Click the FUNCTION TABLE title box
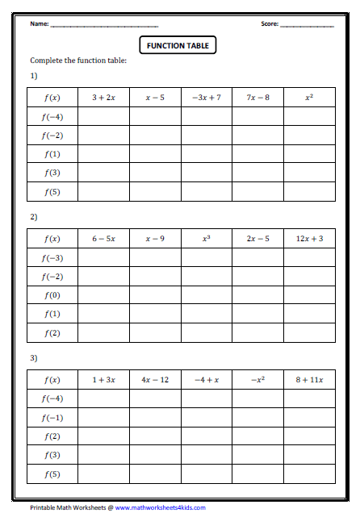point(178,46)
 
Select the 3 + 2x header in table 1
point(103,98)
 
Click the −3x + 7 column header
point(206,98)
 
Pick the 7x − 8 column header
point(257,98)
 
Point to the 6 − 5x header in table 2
point(103,239)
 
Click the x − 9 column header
point(155,239)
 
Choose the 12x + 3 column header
point(309,239)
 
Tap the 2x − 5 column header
point(257,239)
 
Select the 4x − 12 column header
point(155,379)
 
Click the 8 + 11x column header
point(309,379)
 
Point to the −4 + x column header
point(206,379)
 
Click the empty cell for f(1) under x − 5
point(155,154)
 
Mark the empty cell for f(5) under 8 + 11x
point(309,473)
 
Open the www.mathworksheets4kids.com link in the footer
point(160,507)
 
